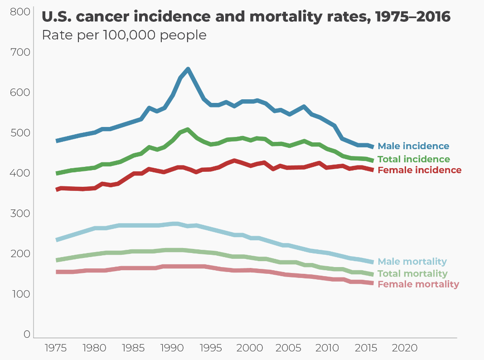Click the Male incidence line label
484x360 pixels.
pyautogui.click(x=413, y=146)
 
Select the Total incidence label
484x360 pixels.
pyautogui.click(x=413, y=159)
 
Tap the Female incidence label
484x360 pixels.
pyautogui.click(x=419, y=170)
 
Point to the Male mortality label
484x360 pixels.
pyautogui.click(x=412, y=262)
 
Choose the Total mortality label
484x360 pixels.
pyautogui.click(x=412, y=274)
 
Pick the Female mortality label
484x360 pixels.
pyautogui.click(x=418, y=284)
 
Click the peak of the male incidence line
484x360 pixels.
pyautogui.click(x=188, y=69)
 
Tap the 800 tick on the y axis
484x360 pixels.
pyautogui.click(x=19, y=12)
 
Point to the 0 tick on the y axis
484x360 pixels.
pyautogui.click(x=26, y=334)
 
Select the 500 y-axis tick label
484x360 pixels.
pyautogui.click(x=19, y=133)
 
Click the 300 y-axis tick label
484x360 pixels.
pyautogui.click(x=19, y=213)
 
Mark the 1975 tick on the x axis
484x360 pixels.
pyautogui.click(x=56, y=348)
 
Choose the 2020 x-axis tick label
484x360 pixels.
pyautogui.click(x=404, y=348)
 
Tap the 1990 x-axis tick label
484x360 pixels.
pyautogui.click(x=172, y=348)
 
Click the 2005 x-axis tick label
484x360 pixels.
pyautogui.click(x=288, y=348)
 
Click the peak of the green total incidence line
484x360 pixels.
pyautogui.click(x=188, y=130)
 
